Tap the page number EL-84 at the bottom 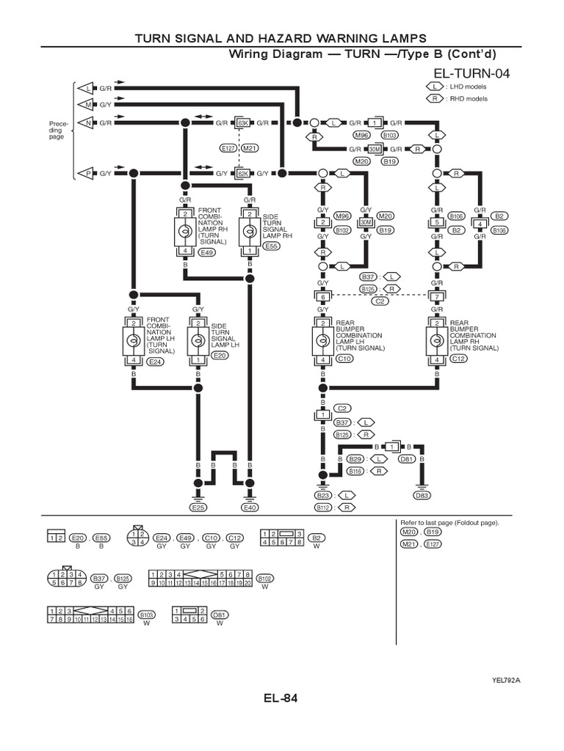click(281, 698)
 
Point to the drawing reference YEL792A click(506, 680)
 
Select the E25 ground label click(198, 507)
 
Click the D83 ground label click(422, 496)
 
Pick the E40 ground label click(250, 507)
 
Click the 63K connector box click(243, 122)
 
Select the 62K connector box click(243, 174)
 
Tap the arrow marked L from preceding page click(88, 88)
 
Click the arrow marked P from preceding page click(88, 174)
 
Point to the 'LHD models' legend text click(466, 87)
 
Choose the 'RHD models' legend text click(466, 98)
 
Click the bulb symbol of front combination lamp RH click(186, 232)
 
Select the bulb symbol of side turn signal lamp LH click(197, 341)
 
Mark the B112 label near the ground click(323, 507)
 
